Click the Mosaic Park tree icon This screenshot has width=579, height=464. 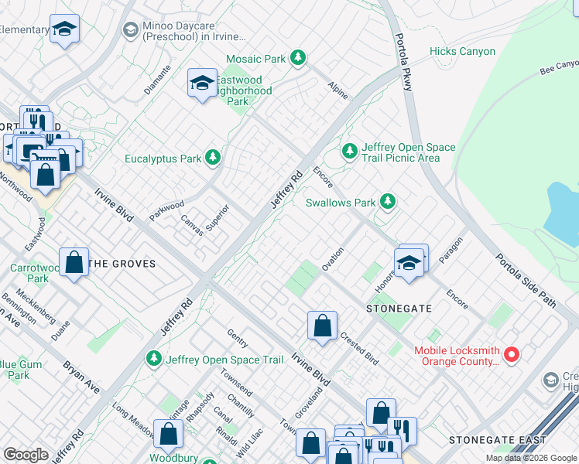pos(297,58)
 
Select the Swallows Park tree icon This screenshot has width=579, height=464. pos(388,203)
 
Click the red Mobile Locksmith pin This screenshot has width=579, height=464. pos(512,355)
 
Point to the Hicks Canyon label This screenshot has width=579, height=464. pos(462,52)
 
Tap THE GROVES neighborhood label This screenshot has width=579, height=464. pos(122,264)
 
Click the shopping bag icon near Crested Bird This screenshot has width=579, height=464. pos(322,325)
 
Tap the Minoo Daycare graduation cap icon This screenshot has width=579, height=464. pos(130,29)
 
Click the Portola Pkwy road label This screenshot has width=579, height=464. pos(402,62)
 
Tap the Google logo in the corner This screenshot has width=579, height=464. pos(26,455)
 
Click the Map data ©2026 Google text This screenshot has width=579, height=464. pos(530,458)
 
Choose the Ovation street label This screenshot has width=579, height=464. pos(333,258)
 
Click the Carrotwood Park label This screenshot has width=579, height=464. pos(29,273)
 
